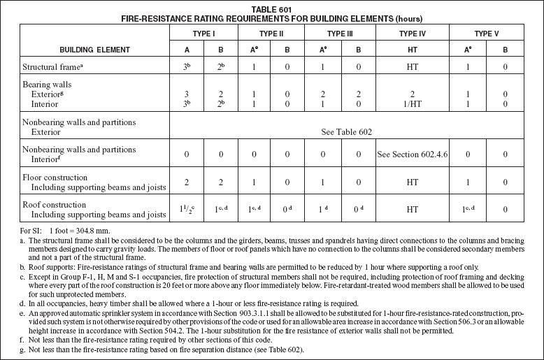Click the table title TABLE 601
272,9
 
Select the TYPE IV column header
411,33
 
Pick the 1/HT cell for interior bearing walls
411,103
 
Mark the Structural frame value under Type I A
187,68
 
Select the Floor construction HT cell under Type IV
411,183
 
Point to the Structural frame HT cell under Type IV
411,68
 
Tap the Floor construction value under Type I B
220,183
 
